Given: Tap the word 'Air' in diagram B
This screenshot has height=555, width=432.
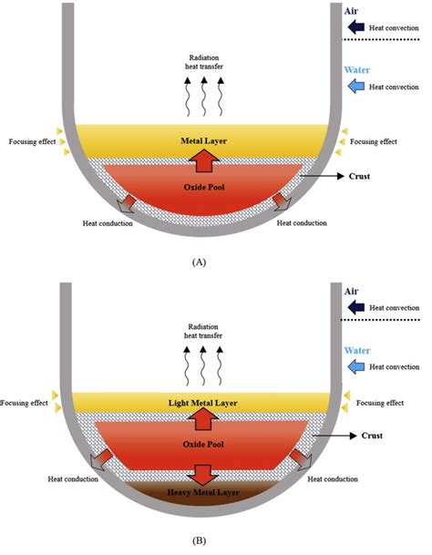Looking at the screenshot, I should click(352, 292).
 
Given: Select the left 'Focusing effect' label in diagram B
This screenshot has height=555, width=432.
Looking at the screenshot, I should click(26, 402).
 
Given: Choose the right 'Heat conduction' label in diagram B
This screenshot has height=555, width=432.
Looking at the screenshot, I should click(333, 478).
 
